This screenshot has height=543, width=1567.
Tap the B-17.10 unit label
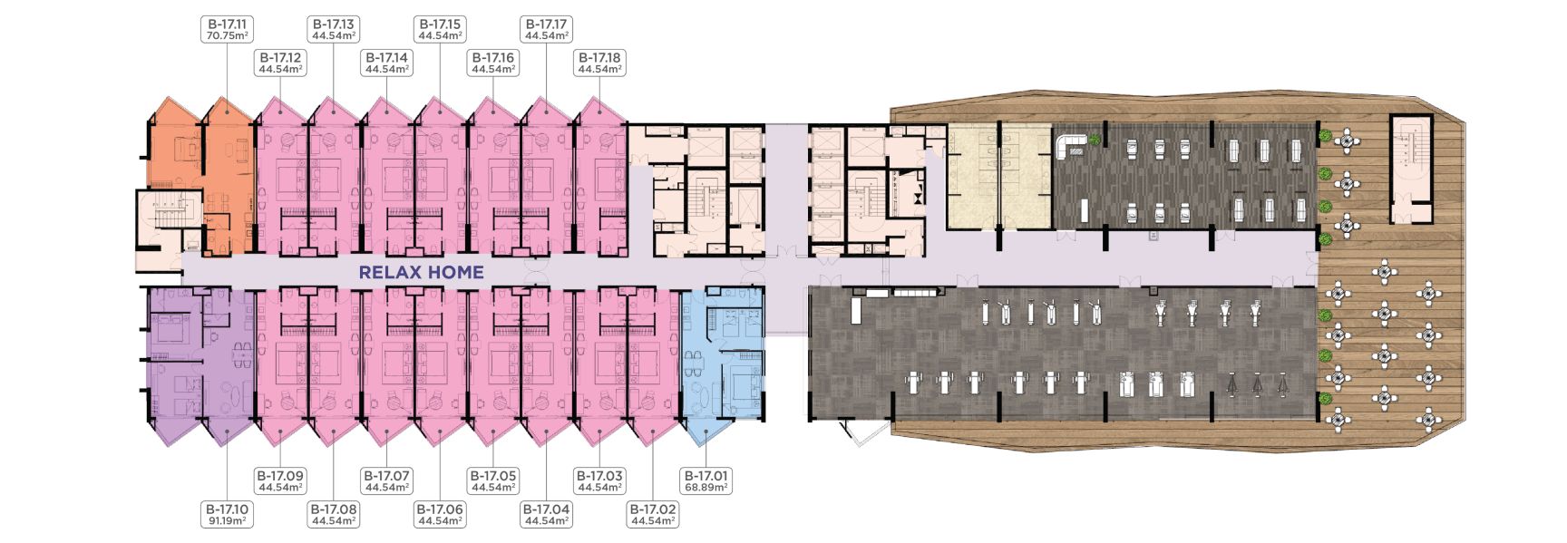click(x=227, y=515)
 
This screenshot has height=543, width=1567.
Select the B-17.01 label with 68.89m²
click(x=706, y=481)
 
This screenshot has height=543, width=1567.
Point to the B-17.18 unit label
click(x=599, y=63)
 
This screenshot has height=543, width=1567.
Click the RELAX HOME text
click(x=422, y=272)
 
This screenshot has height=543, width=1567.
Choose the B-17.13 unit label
click(x=334, y=30)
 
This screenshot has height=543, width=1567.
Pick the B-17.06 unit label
click(x=440, y=515)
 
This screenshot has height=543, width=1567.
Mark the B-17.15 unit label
click(x=440, y=30)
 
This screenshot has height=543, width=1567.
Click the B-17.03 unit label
click(x=599, y=481)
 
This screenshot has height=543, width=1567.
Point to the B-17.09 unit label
click(x=280, y=481)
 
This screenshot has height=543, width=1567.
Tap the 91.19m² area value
click(x=227, y=521)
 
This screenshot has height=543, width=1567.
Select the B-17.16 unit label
click(x=493, y=63)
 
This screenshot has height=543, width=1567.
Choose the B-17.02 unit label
click(x=653, y=515)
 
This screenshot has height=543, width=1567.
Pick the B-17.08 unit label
click(x=334, y=515)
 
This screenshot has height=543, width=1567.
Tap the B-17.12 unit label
click(x=280, y=63)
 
